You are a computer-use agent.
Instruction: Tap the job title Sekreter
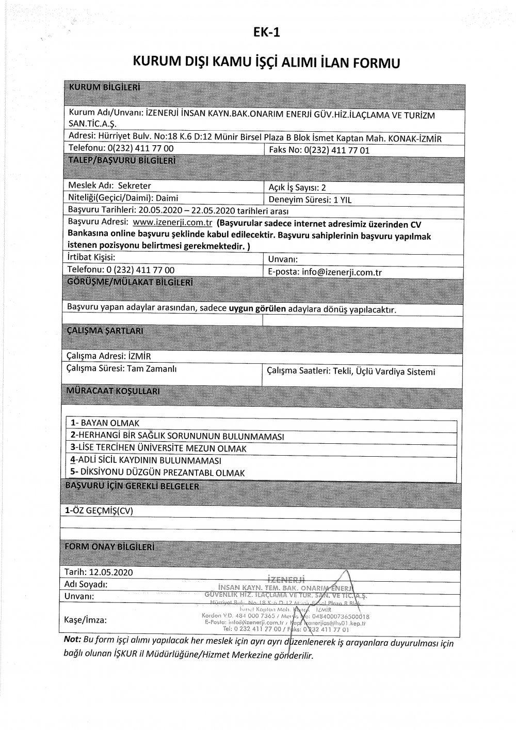(135, 186)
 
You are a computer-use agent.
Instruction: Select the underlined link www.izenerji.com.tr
(173, 223)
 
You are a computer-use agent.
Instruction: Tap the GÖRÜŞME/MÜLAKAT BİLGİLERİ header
(130, 283)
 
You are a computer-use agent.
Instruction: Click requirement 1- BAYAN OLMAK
(105, 423)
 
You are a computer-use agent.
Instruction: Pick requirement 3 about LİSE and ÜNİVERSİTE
(159, 448)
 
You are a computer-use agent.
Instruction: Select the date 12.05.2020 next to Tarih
(111, 572)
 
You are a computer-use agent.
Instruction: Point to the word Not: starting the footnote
(72, 640)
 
